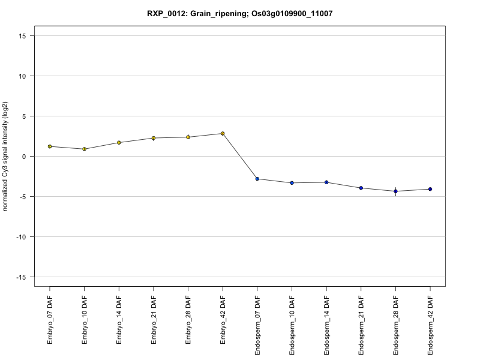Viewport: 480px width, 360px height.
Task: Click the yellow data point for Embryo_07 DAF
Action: coord(50,146)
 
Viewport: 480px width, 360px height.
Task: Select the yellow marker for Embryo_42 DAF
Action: coord(223,133)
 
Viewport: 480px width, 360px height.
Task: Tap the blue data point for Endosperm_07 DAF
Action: coord(257,179)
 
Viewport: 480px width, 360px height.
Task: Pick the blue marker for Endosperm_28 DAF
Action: coord(395,191)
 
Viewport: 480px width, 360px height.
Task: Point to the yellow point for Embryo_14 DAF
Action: coord(119,142)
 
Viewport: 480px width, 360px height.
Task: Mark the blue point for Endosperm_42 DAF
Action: coord(430,189)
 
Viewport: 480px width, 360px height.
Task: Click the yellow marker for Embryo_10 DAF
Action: coord(85,149)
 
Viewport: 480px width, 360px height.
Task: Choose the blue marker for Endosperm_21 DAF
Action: coord(361,188)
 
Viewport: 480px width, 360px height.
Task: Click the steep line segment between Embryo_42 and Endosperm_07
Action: coord(240,156)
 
